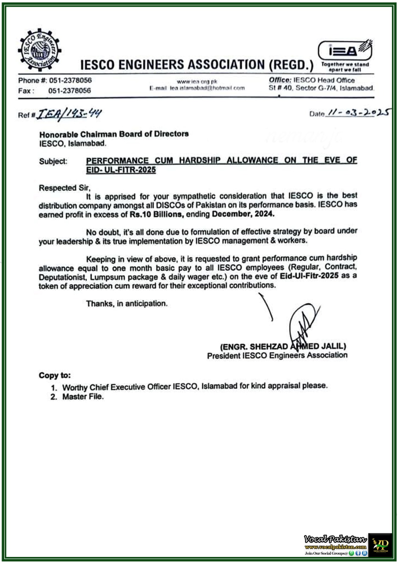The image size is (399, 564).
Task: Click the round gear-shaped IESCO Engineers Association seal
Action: coord(40,49)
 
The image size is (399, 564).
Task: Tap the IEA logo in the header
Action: coord(345,50)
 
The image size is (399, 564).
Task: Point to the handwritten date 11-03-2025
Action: coord(358,112)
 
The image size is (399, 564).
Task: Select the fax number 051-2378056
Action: coord(69,91)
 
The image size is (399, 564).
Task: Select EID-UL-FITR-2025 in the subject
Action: coord(121,170)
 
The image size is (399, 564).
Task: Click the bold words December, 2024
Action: coord(243,214)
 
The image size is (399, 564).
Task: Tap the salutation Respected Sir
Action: coord(65,188)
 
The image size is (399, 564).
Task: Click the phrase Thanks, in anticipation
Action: coord(127,304)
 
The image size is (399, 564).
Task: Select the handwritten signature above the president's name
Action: coord(303,323)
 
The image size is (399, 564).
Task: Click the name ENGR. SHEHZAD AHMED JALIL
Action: coord(283,347)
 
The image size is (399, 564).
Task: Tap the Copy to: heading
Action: coord(55,375)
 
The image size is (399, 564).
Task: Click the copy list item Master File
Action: coord(83,397)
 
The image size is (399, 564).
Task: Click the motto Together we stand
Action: coord(345,65)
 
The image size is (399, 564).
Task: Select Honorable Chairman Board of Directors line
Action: coord(114,134)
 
